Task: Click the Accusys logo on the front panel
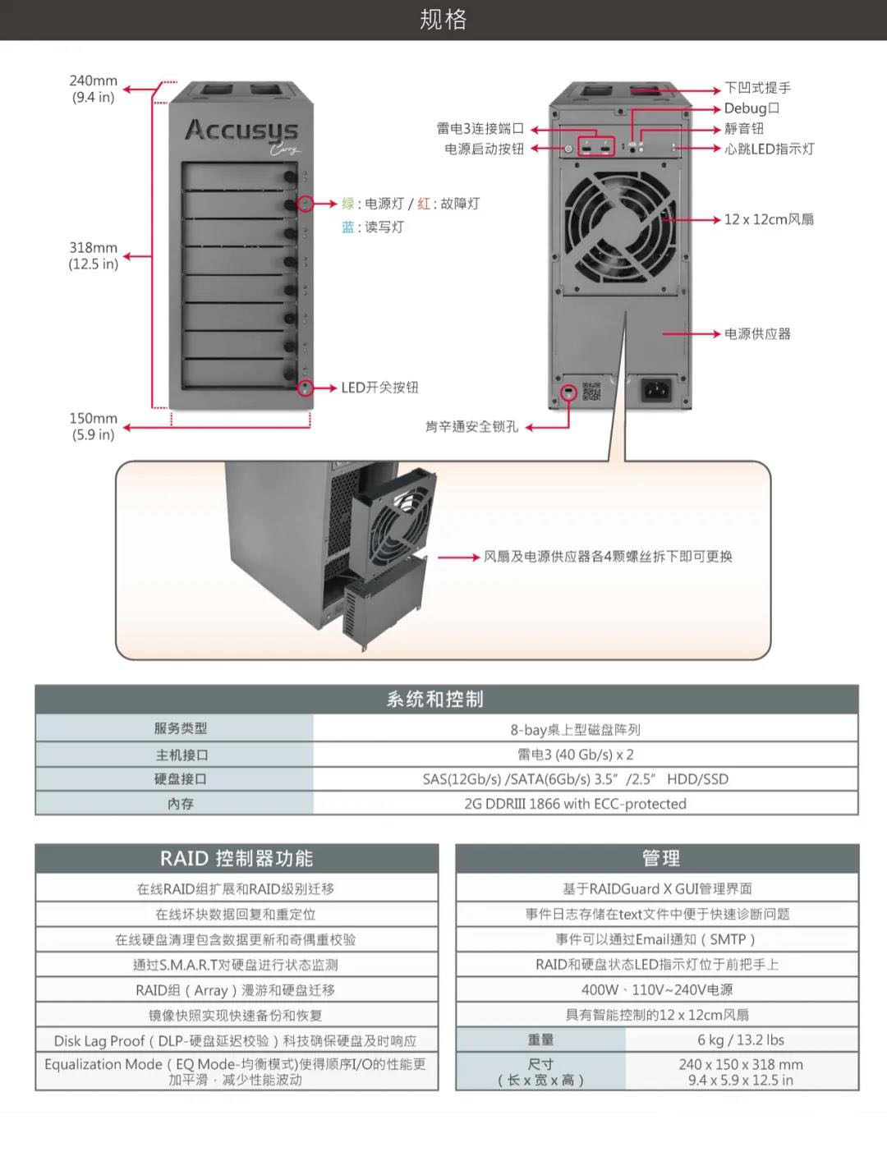click(x=241, y=131)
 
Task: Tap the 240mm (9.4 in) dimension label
click(x=93, y=89)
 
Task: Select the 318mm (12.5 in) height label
click(x=93, y=255)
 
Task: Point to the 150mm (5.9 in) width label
click(x=93, y=426)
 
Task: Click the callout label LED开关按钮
click(x=379, y=388)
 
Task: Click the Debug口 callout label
click(x=751, y=108)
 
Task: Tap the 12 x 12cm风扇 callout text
click(x=769, y=219)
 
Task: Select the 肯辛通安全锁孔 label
click(x=471, y=427)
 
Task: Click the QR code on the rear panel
click(x=591, y=391)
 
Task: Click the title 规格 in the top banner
click(x=443, y=19)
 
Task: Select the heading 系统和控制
click(x=435, y=700)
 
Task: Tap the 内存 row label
click(x=180, y=804)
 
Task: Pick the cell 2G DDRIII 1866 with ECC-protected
click(x=575, y=804)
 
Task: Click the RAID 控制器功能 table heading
click(x=237, y=859)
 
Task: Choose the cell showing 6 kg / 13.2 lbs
click(x=741, y=1040)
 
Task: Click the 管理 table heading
click(x=660, y=859)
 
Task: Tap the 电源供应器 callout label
click(x=757, y=334)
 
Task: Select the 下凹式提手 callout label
click(x=757, y=88)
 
